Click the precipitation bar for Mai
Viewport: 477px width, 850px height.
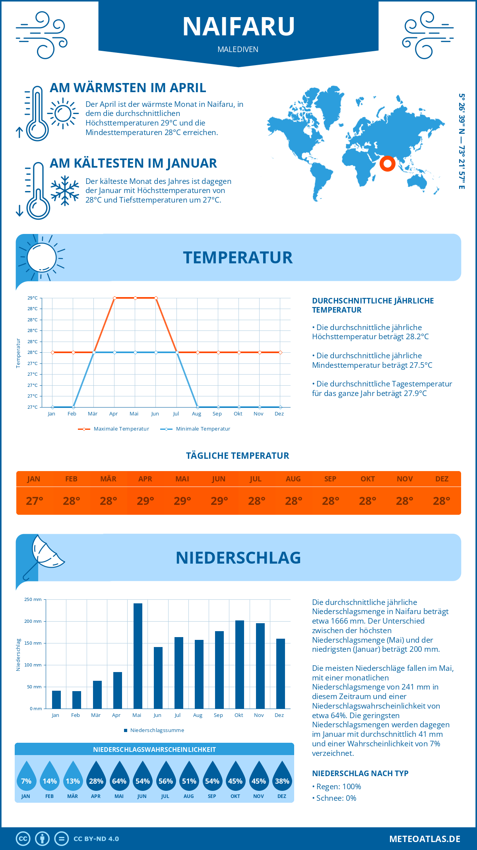(138, 656)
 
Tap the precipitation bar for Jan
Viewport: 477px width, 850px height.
(56, 699)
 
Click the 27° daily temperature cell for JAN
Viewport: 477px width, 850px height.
(34, 501)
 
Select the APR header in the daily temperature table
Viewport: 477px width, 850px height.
(145, 479)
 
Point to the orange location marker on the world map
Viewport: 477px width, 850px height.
(387, 163)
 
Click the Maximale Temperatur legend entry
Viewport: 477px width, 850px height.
(114, 429)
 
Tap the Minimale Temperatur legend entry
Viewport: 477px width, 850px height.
(196, 429)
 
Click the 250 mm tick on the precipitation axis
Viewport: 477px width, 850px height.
(33, 599)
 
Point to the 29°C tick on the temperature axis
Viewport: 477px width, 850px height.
(33, 298)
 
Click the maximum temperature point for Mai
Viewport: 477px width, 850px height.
(136, 298)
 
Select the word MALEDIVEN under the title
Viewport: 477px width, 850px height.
(238, 49)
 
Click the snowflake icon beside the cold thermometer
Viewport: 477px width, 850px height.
(65, 190)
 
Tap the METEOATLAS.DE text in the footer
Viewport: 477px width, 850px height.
(425, 839)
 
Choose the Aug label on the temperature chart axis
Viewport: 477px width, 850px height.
(196, 414)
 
